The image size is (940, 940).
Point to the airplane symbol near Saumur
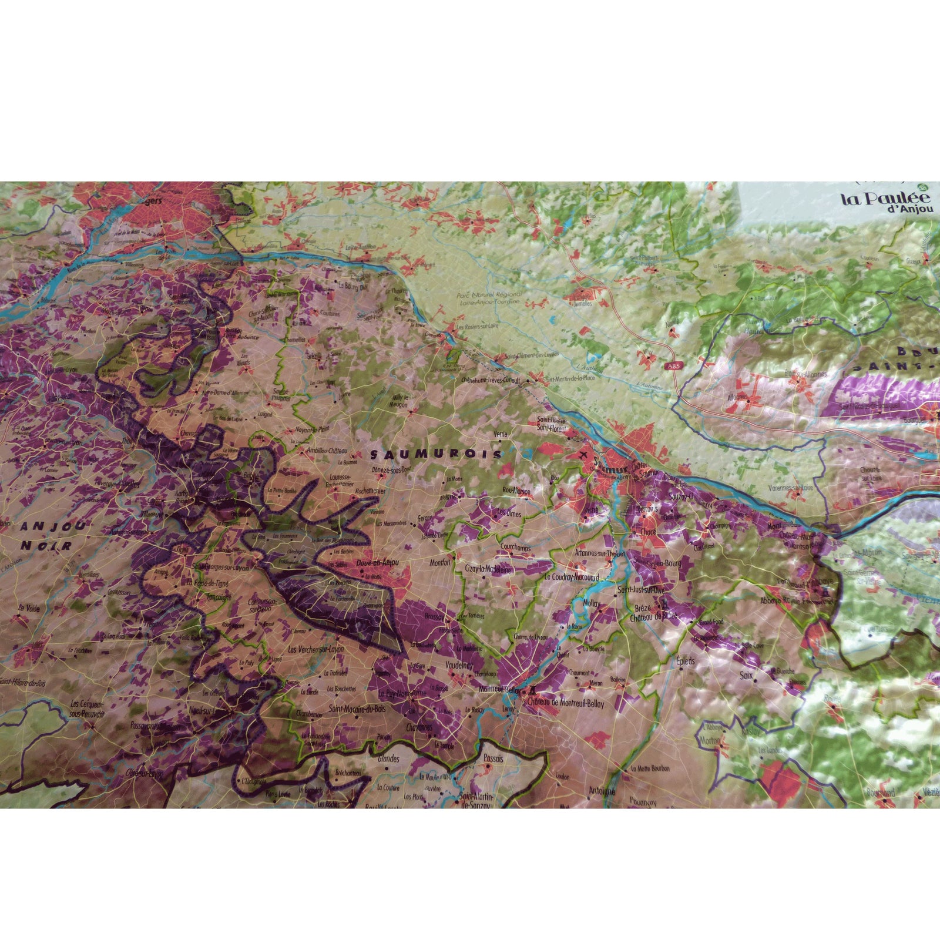point(583,456)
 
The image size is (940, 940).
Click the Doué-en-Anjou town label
point(378,563)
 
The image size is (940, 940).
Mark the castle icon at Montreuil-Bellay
point(533,690)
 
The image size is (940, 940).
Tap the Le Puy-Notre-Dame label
point(402,693)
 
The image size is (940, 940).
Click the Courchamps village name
point(515,548)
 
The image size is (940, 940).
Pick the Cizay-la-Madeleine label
point(488,569)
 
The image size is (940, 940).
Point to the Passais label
point(493,758)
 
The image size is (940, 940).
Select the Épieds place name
point(686,661)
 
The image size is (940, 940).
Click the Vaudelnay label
point(460,666)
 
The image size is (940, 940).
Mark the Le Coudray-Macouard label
point(572,577)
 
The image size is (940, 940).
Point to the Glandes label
point(388,758)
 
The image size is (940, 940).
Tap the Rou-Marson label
point(516,491)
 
